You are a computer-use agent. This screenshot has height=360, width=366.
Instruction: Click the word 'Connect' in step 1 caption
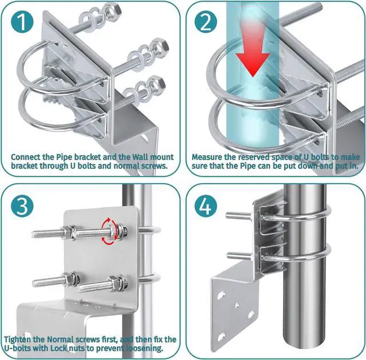pyautogui.click(x=27, y=156)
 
